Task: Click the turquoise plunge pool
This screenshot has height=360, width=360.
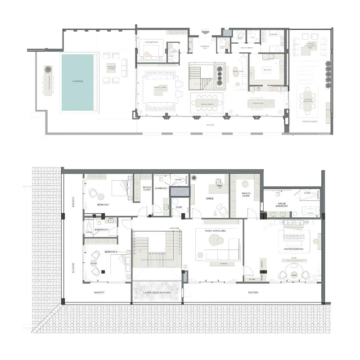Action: [x=77, y=82]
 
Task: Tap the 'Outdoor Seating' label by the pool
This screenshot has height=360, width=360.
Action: [x=111, y=67]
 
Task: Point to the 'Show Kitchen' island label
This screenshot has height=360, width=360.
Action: [x=257, y=103]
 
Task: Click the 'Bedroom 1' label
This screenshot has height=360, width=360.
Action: [x=103, y=204]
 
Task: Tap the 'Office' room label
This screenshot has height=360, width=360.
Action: [x=209, y=198]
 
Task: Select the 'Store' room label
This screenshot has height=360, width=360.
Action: [x=179, y=207]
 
